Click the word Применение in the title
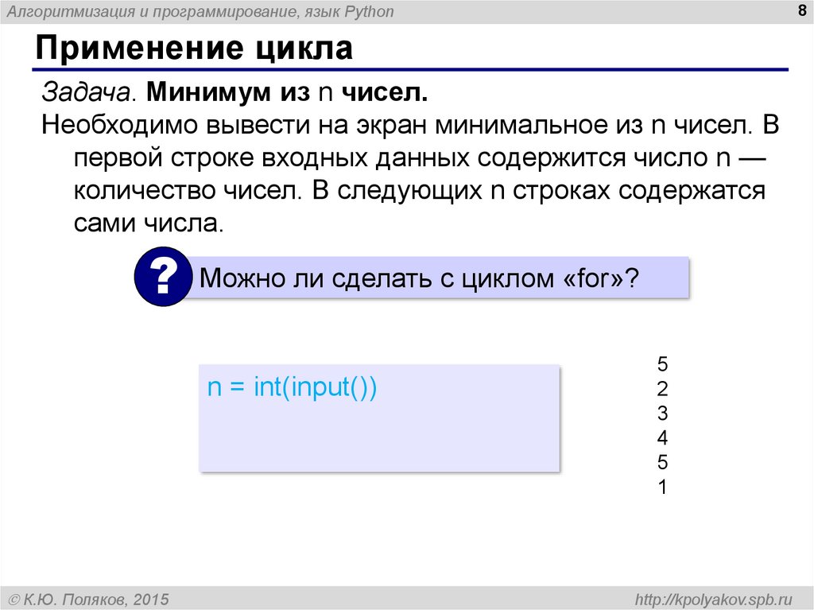pos(136,49)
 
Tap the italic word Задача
pos(87,92)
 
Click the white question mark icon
pos(163,276)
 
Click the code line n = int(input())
pos(291,387)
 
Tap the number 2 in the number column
pos(662,390)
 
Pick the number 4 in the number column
pos(662,438)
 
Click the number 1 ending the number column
pos(662,487)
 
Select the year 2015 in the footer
pos(148,598)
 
